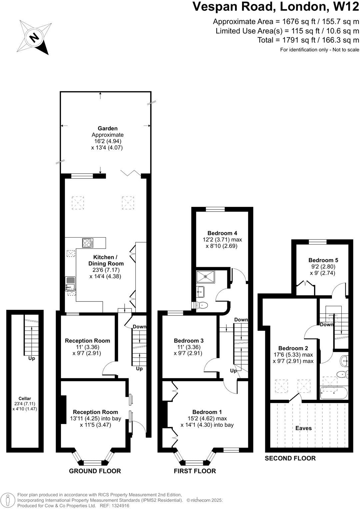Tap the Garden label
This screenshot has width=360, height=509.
point(107,128)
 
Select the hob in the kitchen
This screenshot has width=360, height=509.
point(88,243)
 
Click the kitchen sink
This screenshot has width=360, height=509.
point(70,285)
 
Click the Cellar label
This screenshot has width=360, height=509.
point(25,398)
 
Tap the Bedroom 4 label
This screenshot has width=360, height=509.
point(222,233)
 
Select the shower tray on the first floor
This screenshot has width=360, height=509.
point(205,276)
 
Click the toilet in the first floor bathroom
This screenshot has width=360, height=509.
point(202,305)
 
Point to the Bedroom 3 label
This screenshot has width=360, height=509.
point(189,340)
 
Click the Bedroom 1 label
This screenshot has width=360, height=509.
point(207,412)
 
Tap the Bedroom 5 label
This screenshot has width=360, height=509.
point(321,260)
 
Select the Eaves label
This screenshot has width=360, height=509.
point(303,428)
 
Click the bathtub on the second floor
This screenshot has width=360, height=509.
point(333,393)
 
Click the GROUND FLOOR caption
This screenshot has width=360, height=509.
point(95,471)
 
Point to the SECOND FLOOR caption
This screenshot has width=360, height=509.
point(290,458)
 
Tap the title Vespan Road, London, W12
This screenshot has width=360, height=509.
point(276,7)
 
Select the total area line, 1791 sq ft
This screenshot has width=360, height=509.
point(308,40)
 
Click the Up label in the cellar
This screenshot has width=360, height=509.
point(32,358)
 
